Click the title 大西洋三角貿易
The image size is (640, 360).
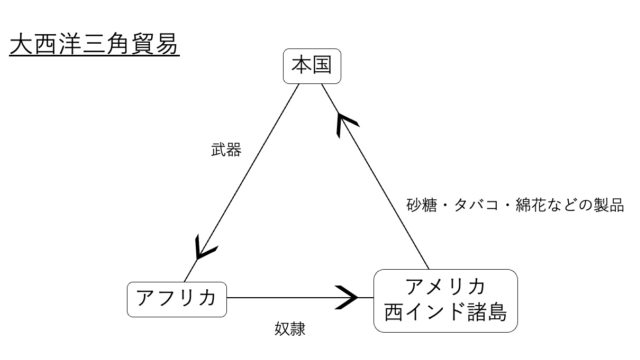[x=93, y=45]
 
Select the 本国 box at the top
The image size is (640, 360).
[x=311, y=67]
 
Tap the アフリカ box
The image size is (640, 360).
[x=177, y=297]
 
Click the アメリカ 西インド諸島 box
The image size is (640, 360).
[x=445, y=299]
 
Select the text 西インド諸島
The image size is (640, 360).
[x=445, y=313]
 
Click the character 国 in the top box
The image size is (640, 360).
[x=321, y=67]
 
